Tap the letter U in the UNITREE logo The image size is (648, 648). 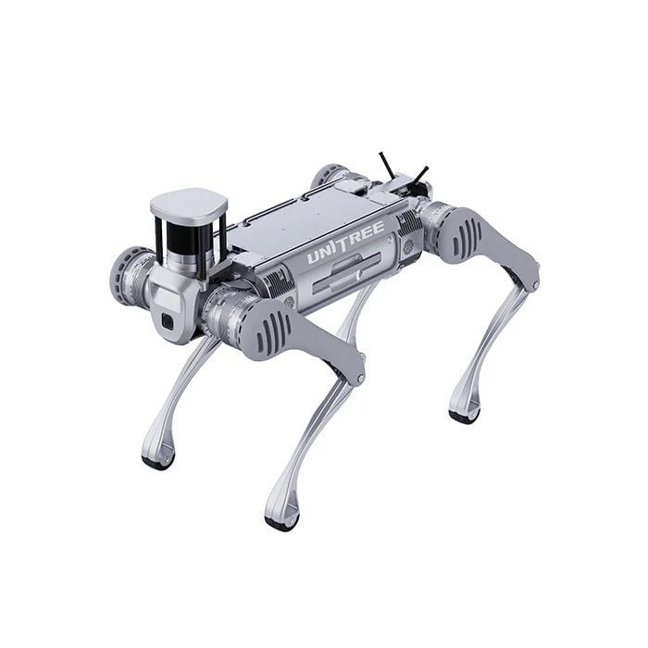point(314,257)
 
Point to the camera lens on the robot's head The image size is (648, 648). point(168,320)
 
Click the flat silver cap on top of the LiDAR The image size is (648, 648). point(189,205)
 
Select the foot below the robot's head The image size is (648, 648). point(157,457)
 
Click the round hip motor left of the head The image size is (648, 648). point(130,275)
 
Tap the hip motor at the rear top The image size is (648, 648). point(329,175)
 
